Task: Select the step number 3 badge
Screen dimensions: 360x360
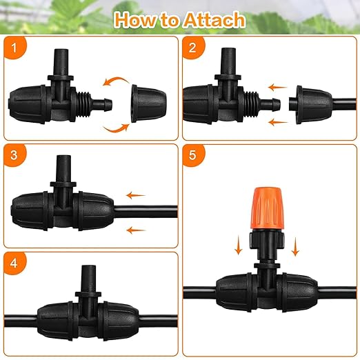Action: tap(14, 155)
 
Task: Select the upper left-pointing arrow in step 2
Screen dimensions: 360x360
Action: tap(277, 88)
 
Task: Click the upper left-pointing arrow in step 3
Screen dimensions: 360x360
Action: tap(136, 195)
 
